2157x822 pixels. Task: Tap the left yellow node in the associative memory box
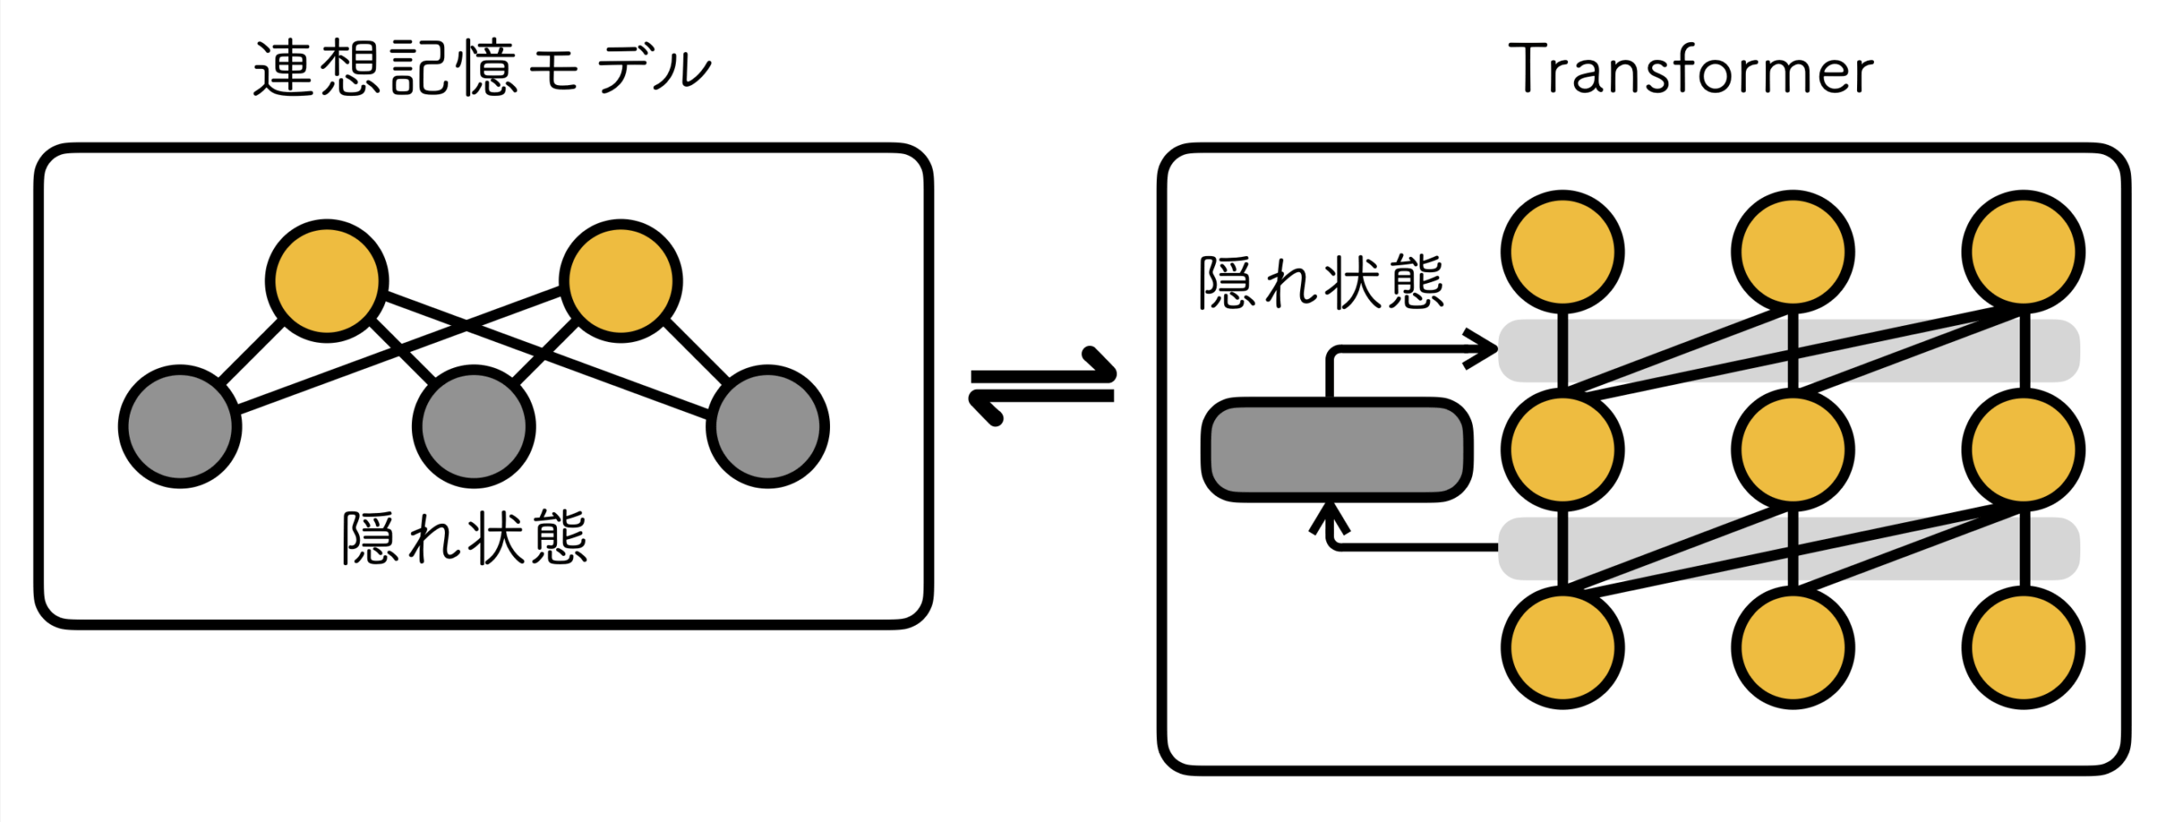tap(327, 280)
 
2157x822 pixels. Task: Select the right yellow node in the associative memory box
tap(621, 280)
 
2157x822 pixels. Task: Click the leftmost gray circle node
tap(179, 426)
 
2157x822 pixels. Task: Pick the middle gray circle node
tap(474, 426)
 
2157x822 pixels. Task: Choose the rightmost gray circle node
tap(768, 426)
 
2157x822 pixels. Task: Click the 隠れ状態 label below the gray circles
tap(465, 537)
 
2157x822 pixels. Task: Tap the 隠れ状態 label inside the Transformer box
tap(1321, 284)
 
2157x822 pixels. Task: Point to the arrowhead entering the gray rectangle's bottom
tap(1330, 515)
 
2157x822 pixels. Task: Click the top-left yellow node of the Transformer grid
tap(1563, 252)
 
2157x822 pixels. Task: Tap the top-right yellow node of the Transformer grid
tap(2023, 252)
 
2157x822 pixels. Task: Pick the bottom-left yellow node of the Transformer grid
tap(1563, 648)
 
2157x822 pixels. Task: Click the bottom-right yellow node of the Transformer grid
tap(2023, 648)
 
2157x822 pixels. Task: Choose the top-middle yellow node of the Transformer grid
tap(1793, 252)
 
